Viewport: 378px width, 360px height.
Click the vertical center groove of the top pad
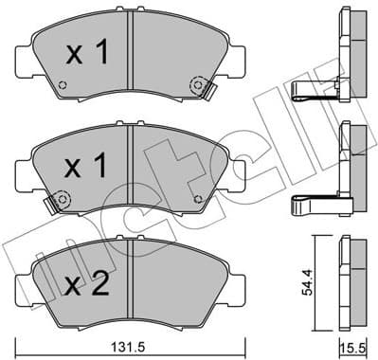pos(131,57)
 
